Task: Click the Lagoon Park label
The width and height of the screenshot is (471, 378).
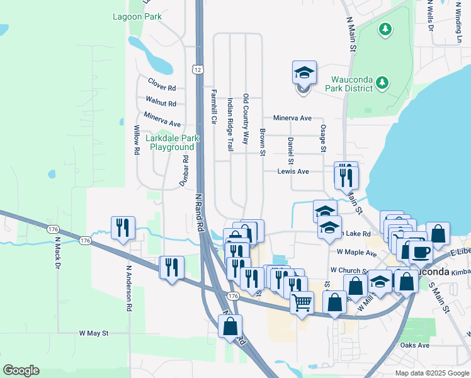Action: coord(137,17)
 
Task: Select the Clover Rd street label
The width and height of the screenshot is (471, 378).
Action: coord(162,82)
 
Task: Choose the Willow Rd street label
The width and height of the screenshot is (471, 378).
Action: coord(136,140)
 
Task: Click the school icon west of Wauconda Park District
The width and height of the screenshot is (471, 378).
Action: coord(304,74)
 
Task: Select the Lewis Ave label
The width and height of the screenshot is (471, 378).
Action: coord(293,171)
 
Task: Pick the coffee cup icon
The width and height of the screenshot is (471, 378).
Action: coord(420,252)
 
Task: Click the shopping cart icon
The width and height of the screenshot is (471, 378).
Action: coord(302,302)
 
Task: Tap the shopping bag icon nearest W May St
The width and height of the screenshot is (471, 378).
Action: coord(230,326)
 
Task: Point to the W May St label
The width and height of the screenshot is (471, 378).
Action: coord(94,333)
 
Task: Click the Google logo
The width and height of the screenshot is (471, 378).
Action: coord(21,370)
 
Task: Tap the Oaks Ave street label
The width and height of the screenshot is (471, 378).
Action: coord(414,345)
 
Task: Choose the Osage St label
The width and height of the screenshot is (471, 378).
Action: coord(323,137)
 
